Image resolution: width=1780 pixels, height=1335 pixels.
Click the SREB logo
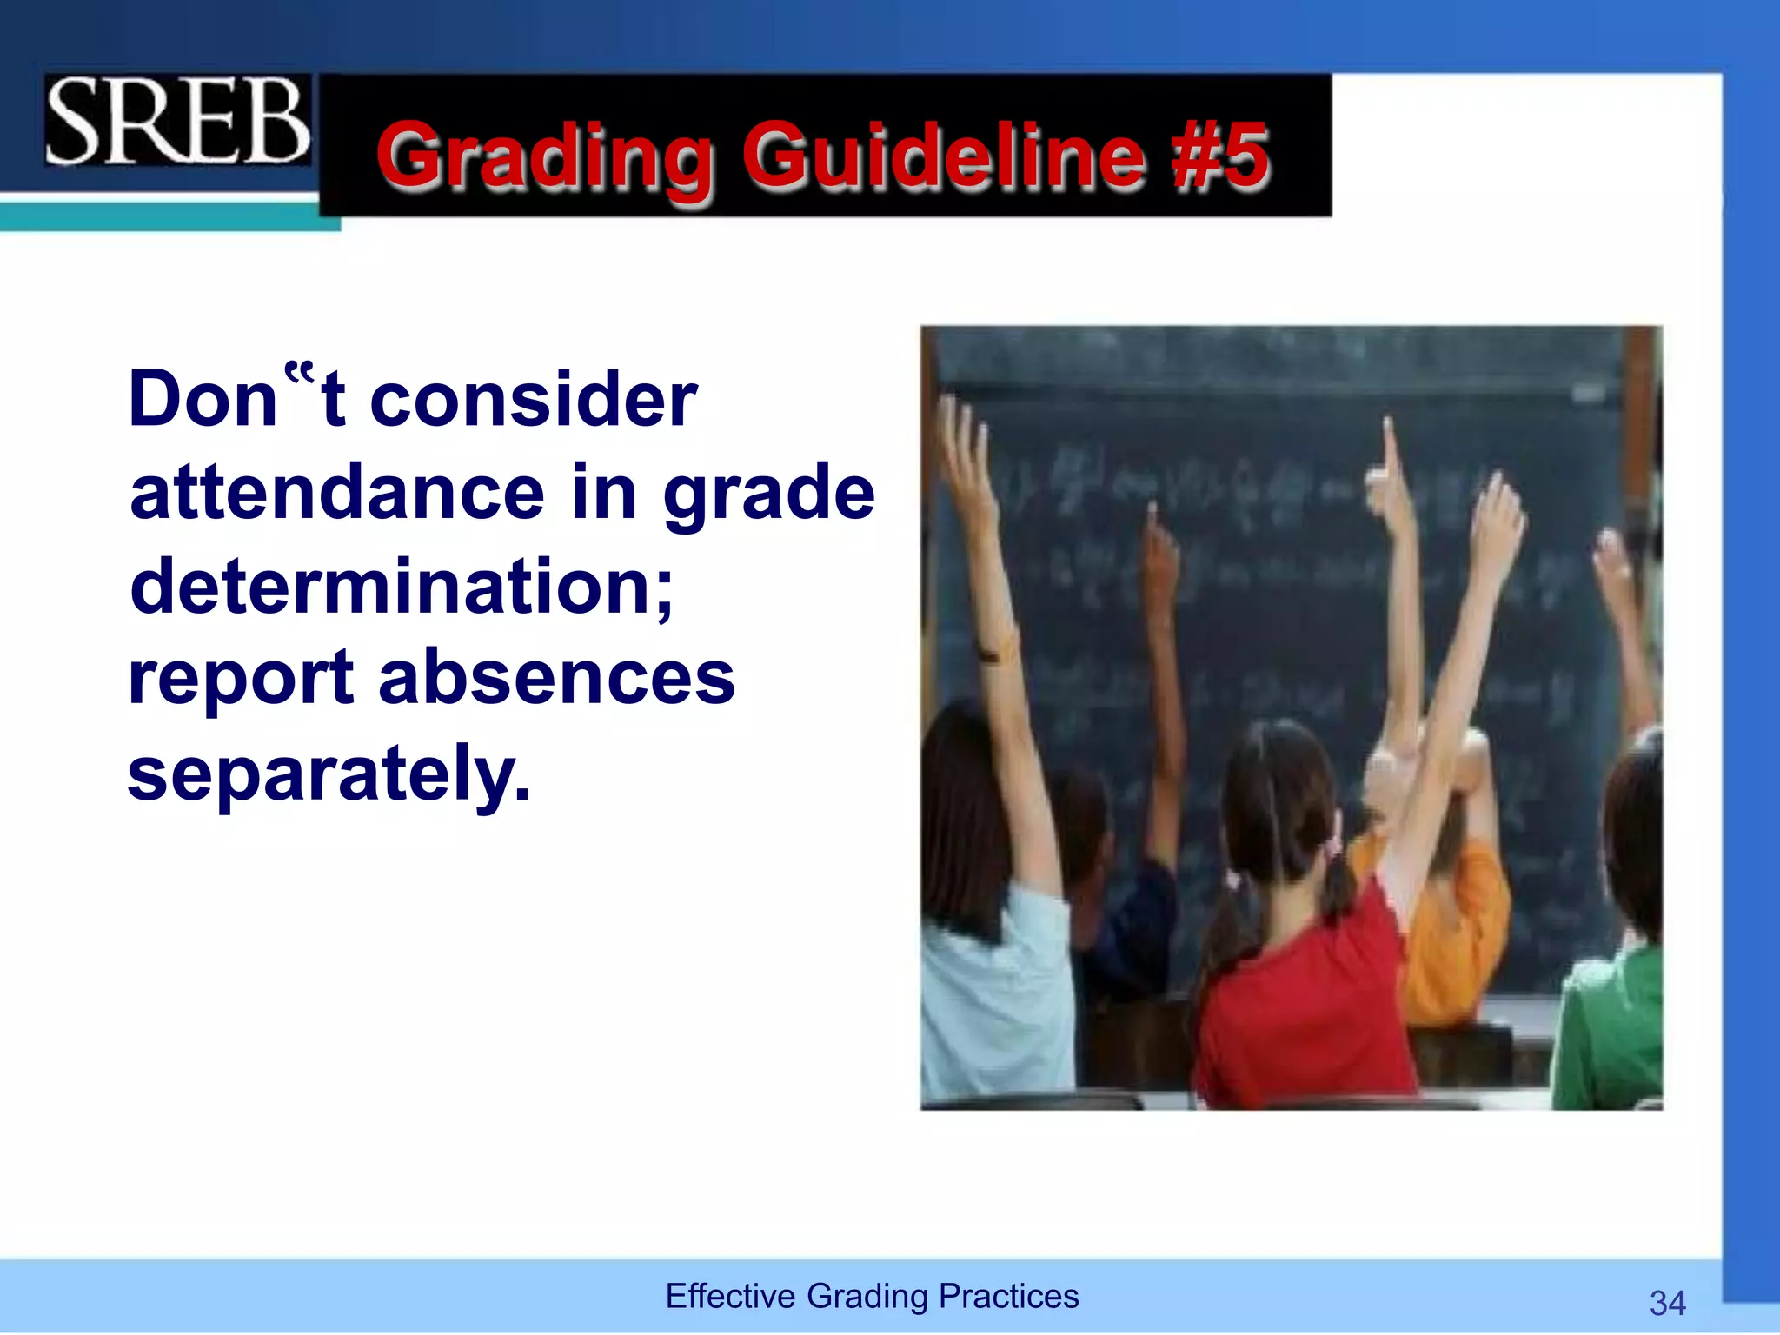pos(177,121)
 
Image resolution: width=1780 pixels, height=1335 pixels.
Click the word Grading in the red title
pos(546,156)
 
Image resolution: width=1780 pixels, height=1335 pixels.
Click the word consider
pos(534,400)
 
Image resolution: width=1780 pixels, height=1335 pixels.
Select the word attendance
pos(337,493)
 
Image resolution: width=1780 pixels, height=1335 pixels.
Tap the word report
pos(242,681)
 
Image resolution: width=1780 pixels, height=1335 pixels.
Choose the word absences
pos(556,679)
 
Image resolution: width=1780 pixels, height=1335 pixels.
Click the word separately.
pos(329,774)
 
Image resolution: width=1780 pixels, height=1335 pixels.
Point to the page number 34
pos(1667,1303)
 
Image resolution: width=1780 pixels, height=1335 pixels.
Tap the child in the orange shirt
pos(1460,921)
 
